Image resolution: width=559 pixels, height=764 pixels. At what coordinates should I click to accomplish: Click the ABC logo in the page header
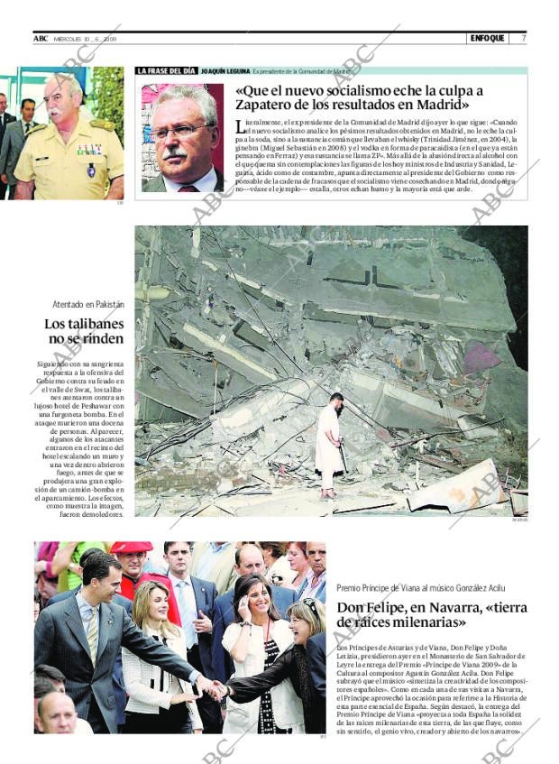point(41,39)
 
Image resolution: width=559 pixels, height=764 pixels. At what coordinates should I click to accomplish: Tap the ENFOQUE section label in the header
point(487,39)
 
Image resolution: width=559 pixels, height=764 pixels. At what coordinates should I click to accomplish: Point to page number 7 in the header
point(523,39)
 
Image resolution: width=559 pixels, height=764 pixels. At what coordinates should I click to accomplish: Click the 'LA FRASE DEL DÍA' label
point(166,70)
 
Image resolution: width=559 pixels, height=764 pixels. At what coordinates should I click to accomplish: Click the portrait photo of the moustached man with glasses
point(182,137)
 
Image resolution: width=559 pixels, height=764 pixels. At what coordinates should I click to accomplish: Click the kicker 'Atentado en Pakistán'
point(88,305)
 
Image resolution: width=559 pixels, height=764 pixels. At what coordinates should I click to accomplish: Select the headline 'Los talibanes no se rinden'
point(85,331)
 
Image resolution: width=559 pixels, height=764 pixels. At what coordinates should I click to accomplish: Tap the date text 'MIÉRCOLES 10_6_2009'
point(86,39)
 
